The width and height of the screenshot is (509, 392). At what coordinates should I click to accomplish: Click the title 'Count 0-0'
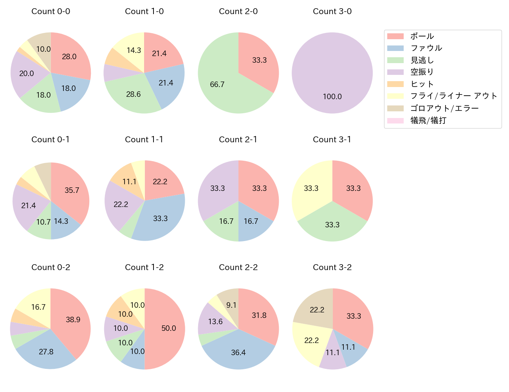click(51, 11)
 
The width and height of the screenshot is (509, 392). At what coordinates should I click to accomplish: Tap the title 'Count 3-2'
click(332, 267)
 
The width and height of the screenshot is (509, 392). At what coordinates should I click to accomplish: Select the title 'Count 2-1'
click(238, 140)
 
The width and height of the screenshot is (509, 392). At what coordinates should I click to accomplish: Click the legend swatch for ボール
click(395, 36)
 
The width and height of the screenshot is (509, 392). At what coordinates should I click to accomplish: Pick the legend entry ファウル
click(426, 48)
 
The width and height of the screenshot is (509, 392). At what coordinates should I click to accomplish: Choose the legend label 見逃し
click(422, 60)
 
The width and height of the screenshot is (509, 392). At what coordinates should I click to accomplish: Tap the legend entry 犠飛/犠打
click(428, 120)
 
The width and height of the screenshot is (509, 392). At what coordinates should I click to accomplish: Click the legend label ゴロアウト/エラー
click(444, 108)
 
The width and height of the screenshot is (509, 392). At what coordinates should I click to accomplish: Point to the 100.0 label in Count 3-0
click(332, 96)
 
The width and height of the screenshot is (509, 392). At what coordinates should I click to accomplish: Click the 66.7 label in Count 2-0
click(217, 84)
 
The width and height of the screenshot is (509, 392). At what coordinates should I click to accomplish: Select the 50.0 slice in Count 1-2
click(168, 328)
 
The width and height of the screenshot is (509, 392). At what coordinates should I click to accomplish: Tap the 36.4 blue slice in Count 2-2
click(238, 352)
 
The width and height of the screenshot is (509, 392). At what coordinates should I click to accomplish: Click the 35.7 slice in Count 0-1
click(72, 190)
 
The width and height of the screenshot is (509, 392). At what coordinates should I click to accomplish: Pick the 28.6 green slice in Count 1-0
click(134, 94)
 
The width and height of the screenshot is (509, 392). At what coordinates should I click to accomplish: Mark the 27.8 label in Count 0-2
click(46, 352)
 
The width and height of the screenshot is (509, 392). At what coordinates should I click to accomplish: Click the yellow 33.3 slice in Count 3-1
click(311, 189)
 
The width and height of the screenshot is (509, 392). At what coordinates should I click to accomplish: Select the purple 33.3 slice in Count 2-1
click(217, 189)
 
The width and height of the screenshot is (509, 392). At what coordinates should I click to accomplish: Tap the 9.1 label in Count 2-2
click(231, 305)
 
